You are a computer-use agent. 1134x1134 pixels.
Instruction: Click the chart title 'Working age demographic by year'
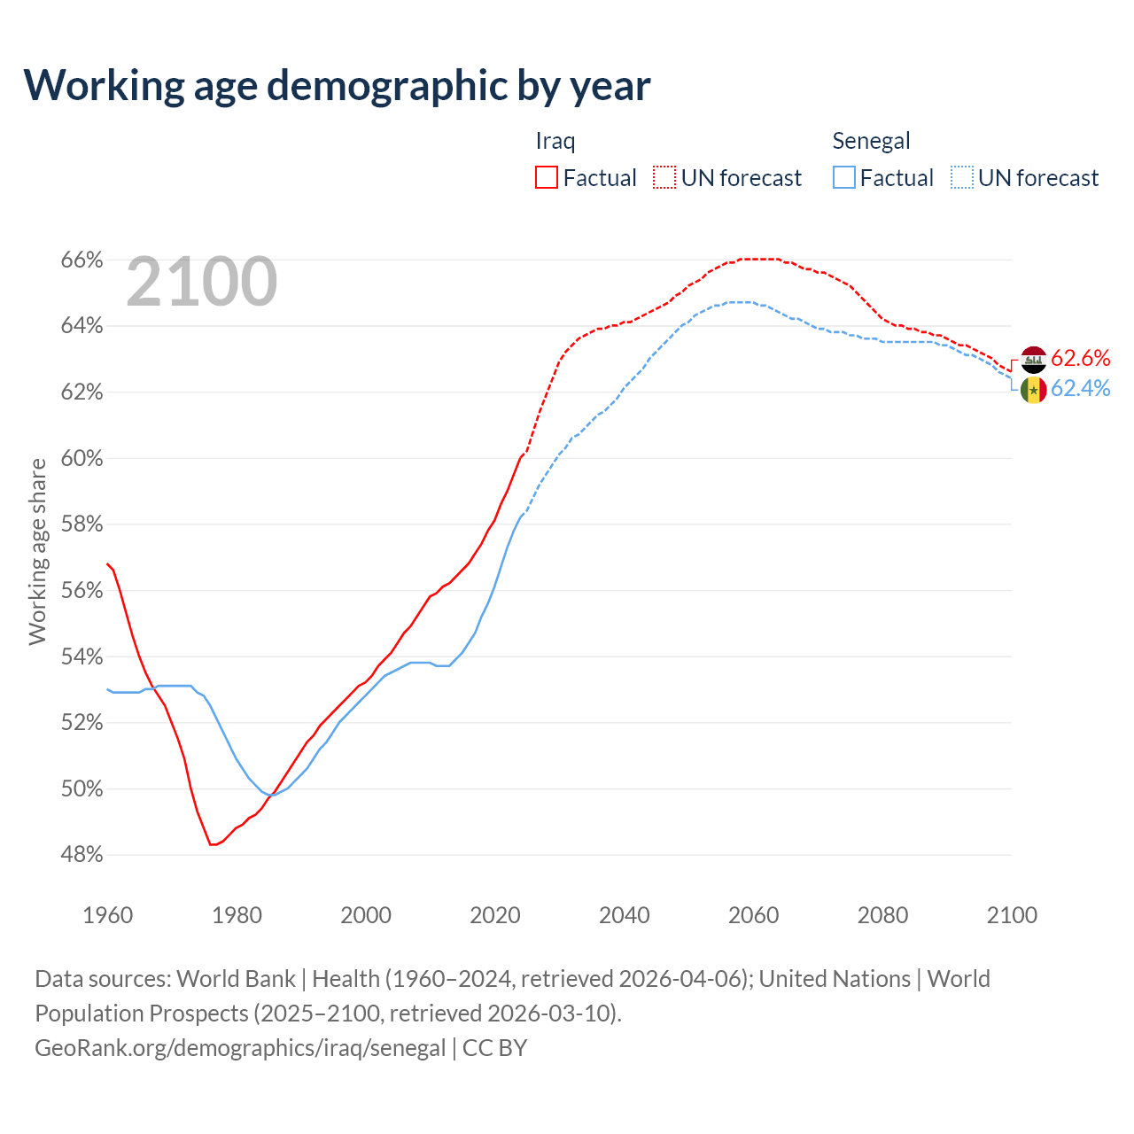(337, 85)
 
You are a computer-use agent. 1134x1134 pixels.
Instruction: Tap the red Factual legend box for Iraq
(547, 177)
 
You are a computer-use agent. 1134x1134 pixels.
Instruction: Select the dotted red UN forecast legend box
(664, 177)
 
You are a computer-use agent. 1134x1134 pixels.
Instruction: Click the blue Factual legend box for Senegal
(844, 177)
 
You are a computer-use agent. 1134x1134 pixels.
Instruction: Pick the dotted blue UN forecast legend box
(962, 177)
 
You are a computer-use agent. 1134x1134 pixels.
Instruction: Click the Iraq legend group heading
(555, 141)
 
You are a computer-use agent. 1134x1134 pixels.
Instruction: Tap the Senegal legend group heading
(871, 141)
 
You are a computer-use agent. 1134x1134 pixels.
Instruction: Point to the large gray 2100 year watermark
(202, 282)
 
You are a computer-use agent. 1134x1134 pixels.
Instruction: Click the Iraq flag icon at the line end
(1033, 360)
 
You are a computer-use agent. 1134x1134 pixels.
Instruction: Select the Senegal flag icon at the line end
(1033, 390)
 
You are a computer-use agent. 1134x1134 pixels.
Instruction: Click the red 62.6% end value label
(1080, 358)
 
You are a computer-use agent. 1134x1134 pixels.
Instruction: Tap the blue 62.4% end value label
(1080, 389)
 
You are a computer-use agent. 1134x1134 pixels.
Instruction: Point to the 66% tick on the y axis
(82, 260)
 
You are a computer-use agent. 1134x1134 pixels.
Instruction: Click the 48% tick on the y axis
(82, 855)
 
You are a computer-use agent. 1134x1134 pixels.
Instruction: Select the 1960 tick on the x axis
(107, 915)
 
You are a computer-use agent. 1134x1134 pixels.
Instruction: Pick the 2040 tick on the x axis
(625, 915)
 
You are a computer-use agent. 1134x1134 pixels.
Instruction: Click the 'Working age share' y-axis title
(37, 551)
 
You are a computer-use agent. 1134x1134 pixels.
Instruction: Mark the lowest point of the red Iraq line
(213, 844)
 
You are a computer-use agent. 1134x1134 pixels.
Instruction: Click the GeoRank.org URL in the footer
(240, 1048)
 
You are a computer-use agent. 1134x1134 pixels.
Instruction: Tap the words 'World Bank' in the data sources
(236, 979)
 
